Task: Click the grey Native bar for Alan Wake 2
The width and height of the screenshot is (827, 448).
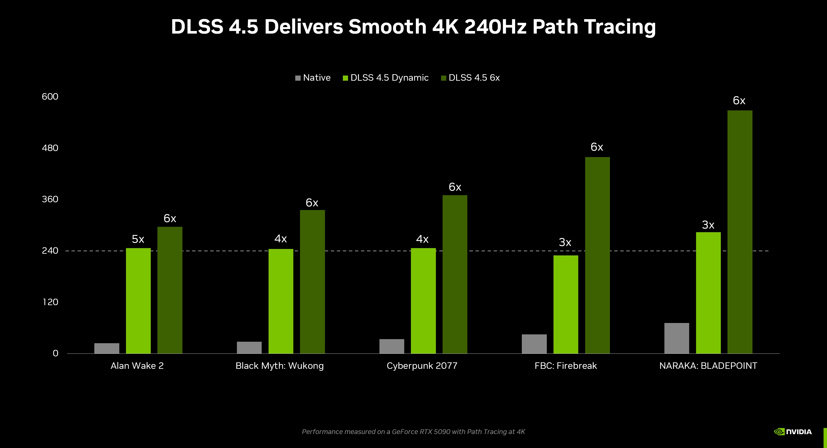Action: click(107, 348)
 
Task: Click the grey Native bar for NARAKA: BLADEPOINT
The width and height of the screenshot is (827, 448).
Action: click(676, 338)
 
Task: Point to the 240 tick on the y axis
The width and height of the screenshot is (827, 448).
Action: click(50, 250)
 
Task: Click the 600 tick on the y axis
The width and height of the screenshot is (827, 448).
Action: click(50, 97)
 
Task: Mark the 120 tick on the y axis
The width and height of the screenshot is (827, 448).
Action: click(50, 302)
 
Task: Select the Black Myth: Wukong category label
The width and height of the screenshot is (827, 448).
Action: click(279, 366)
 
